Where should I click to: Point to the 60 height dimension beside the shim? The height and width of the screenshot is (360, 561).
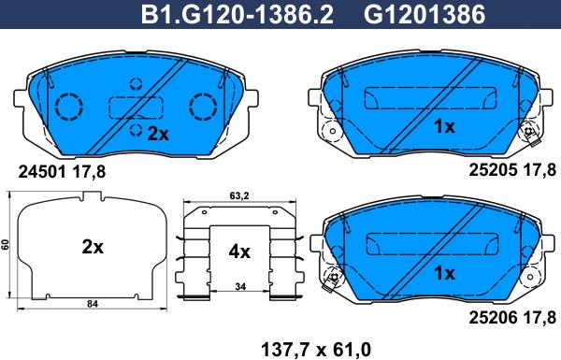(6, 245)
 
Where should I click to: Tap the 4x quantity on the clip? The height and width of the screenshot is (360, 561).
(239, 251)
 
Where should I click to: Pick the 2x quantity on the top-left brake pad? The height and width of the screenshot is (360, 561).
(157, 134)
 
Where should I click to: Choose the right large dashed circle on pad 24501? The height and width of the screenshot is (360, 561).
(202, 107)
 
